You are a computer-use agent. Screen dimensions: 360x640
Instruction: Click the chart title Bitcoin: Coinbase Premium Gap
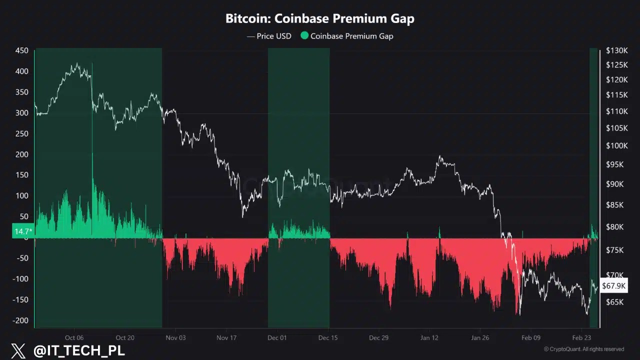[319, 19]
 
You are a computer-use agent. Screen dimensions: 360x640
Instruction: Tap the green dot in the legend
[304, 35]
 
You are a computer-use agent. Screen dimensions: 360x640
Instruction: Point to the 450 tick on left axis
[21, 50]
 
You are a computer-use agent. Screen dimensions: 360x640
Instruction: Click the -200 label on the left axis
[20, 320]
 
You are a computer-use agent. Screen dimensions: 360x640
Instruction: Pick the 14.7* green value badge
[23, 231]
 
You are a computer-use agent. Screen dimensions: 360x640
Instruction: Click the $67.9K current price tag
[613, 286]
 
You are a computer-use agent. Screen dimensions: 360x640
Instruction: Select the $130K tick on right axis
[616, 50]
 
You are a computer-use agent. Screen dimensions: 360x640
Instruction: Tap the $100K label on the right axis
[616, 146]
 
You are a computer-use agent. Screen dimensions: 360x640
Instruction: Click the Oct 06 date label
[74, 337]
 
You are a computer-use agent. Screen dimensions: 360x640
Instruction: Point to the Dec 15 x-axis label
[328, 337]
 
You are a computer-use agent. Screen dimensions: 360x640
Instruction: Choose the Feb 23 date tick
[581, 337]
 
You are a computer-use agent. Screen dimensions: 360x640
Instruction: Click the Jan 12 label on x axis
[429, 337]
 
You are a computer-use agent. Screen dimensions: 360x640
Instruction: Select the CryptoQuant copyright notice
[584, 349]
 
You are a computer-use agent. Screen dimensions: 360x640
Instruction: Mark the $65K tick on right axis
[614, 302]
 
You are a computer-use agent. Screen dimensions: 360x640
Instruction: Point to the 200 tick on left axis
[21, 154]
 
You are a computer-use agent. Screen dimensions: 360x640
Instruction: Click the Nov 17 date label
[226, 337]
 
